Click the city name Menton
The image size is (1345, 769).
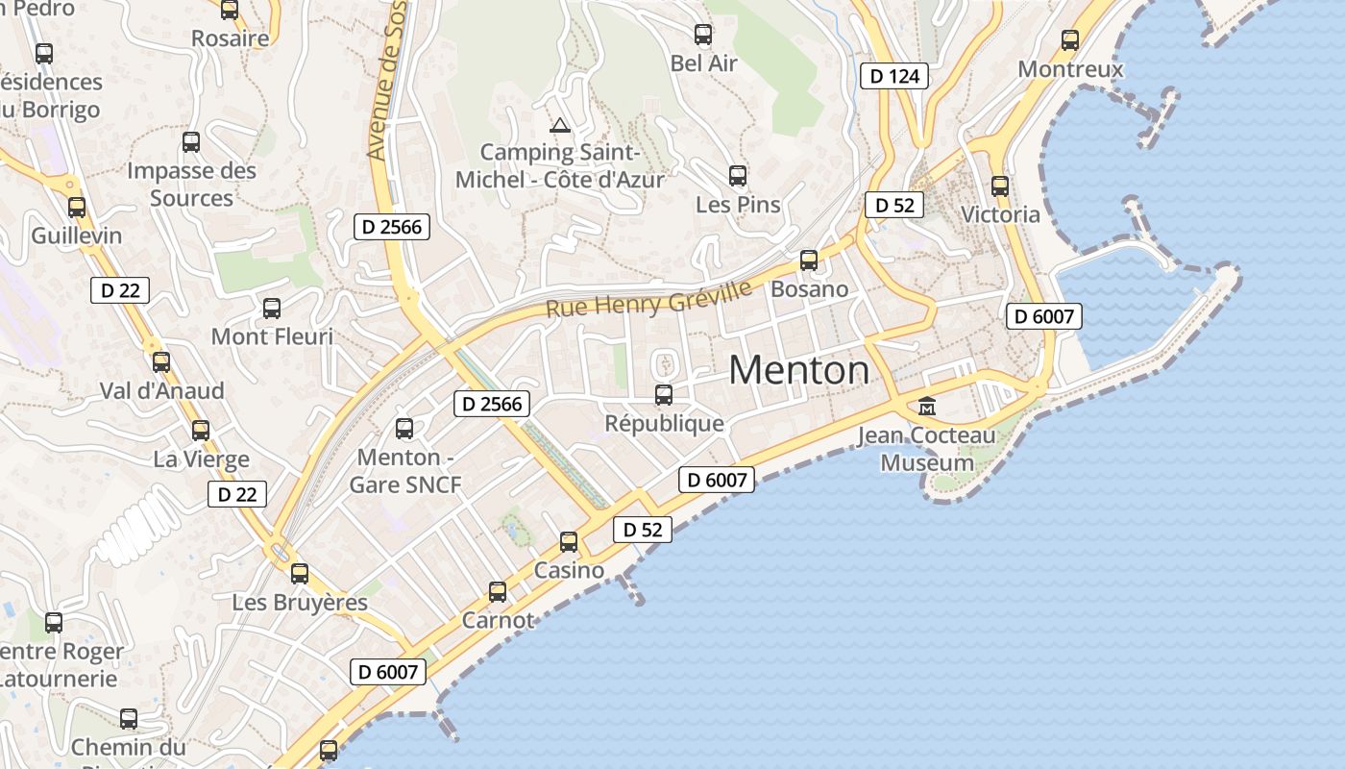[x=799, y=370]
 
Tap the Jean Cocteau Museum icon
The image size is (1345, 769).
[x=927, y=406]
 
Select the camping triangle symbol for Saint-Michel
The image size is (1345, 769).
[x=559, y=125]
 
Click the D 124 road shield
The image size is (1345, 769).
[x=894, y=76]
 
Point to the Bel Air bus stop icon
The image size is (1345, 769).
[x=703, y=35]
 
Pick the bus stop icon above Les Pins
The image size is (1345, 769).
[x=738, y=175]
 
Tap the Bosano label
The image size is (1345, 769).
[x=809, y=288]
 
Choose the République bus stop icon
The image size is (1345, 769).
[x=664, y=394]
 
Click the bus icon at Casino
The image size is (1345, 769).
[x=569, y=541]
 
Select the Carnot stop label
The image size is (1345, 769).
[x=498, y=620]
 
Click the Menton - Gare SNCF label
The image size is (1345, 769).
[x=404, y=470]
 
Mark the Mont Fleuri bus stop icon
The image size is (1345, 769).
[x=272, y=308]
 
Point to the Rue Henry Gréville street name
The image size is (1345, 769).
[x=648, y=297]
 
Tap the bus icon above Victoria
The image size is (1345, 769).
[x=1000, y=186]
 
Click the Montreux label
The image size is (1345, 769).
[x=1069, y=69]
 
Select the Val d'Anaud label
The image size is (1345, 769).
[x=161, y=391]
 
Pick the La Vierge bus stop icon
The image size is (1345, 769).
[x=201, y=430]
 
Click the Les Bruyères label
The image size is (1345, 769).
[x=300, y=603]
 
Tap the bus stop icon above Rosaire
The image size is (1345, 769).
[x=230, y=10]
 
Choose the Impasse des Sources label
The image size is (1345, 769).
[x=191, y=185]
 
